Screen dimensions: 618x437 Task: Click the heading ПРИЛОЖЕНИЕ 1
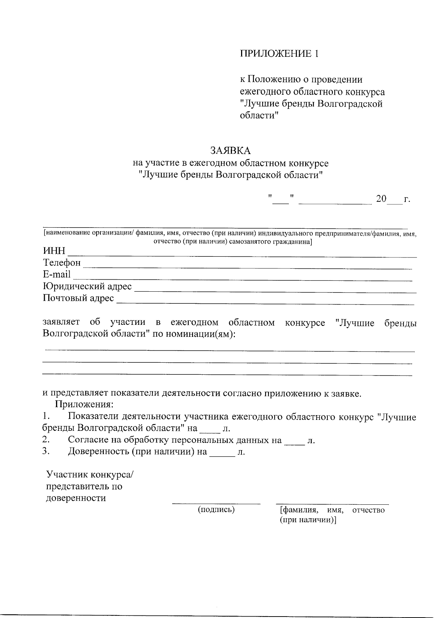click(x=279, y=54)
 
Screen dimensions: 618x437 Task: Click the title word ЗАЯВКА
click(x=231, y=150)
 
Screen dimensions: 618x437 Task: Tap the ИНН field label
click(x=54, y=251)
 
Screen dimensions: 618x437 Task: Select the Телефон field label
click(x=62, y=263)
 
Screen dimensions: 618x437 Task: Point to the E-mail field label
click(x=57, y=275)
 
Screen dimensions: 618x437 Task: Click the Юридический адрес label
click(x=87, y=287)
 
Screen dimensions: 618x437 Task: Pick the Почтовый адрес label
click(x=78, y=299)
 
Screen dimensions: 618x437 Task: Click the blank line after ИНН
click(x=243, y=256)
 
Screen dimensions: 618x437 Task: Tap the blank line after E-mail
click(x=243, y=280)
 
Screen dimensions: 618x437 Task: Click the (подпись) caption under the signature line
click(x=216, y=509)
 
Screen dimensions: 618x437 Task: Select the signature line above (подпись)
click(x=216, y=503)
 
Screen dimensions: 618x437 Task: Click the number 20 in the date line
click(x=381, y=199)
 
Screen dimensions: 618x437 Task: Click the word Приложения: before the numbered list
click(x=84, y=405)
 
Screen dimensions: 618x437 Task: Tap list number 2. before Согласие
click(x=46, y=440)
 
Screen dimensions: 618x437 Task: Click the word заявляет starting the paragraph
click(x=61, y=322)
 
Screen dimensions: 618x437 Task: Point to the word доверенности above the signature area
click(x=76, y=498)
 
